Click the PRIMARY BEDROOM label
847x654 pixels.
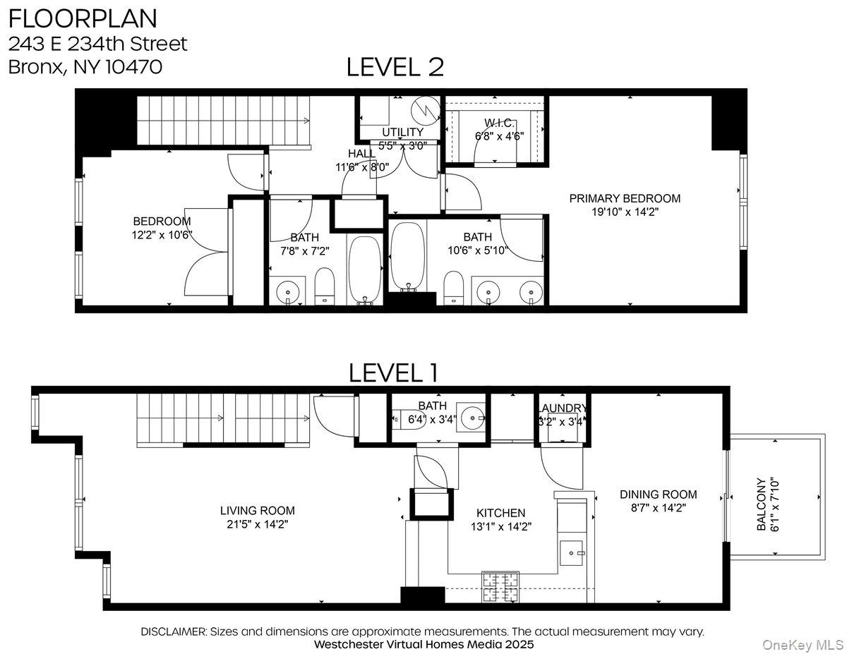tap(625, 198)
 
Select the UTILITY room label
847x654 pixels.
tap(402, 132)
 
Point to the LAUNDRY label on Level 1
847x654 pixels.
tap(563, 408)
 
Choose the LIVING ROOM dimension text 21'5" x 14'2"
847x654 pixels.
tap(257, 525)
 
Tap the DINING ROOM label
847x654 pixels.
tap(658, 495)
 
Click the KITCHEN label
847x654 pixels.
tap(500, 513)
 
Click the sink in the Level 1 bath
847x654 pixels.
tap(471, 418)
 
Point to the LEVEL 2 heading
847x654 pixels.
tap(395, 66)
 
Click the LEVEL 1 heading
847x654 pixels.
tap(393, 373)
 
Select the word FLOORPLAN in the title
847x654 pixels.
tap(83, 18)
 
